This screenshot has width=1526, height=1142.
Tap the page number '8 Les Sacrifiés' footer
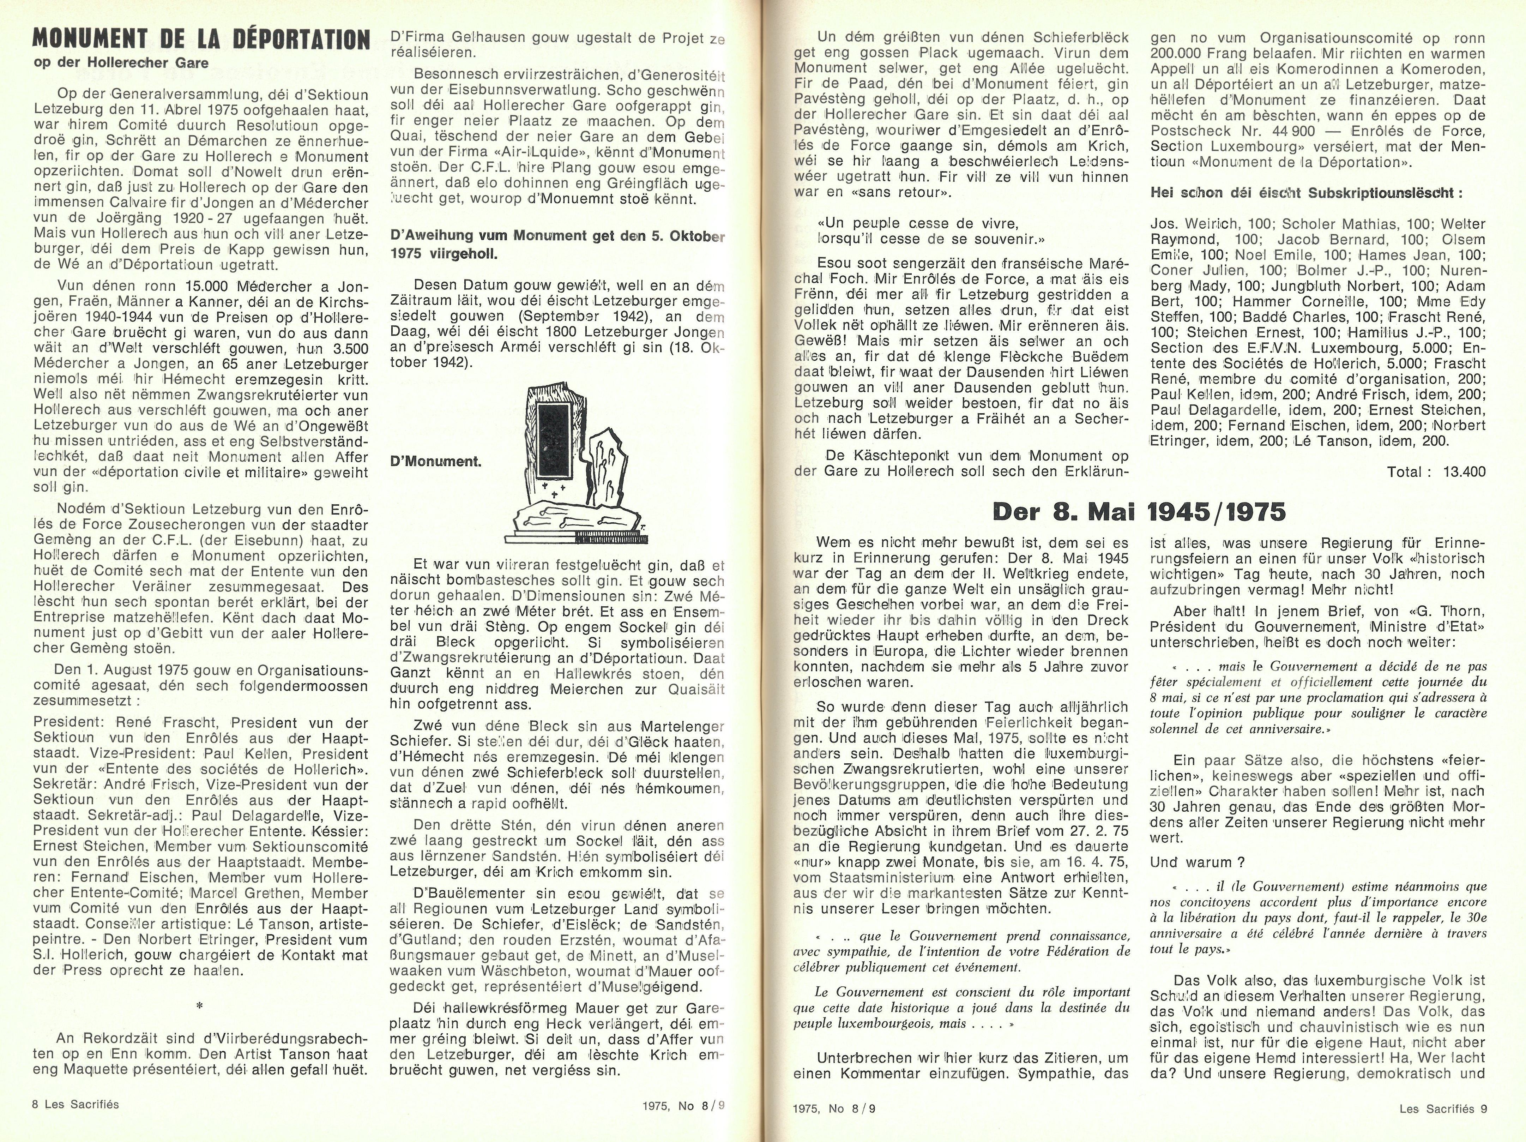pos(76,1104)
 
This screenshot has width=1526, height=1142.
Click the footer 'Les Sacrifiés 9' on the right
pos(1443,1109)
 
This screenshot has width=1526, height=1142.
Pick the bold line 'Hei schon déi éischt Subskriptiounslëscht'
pos(1306,193)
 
